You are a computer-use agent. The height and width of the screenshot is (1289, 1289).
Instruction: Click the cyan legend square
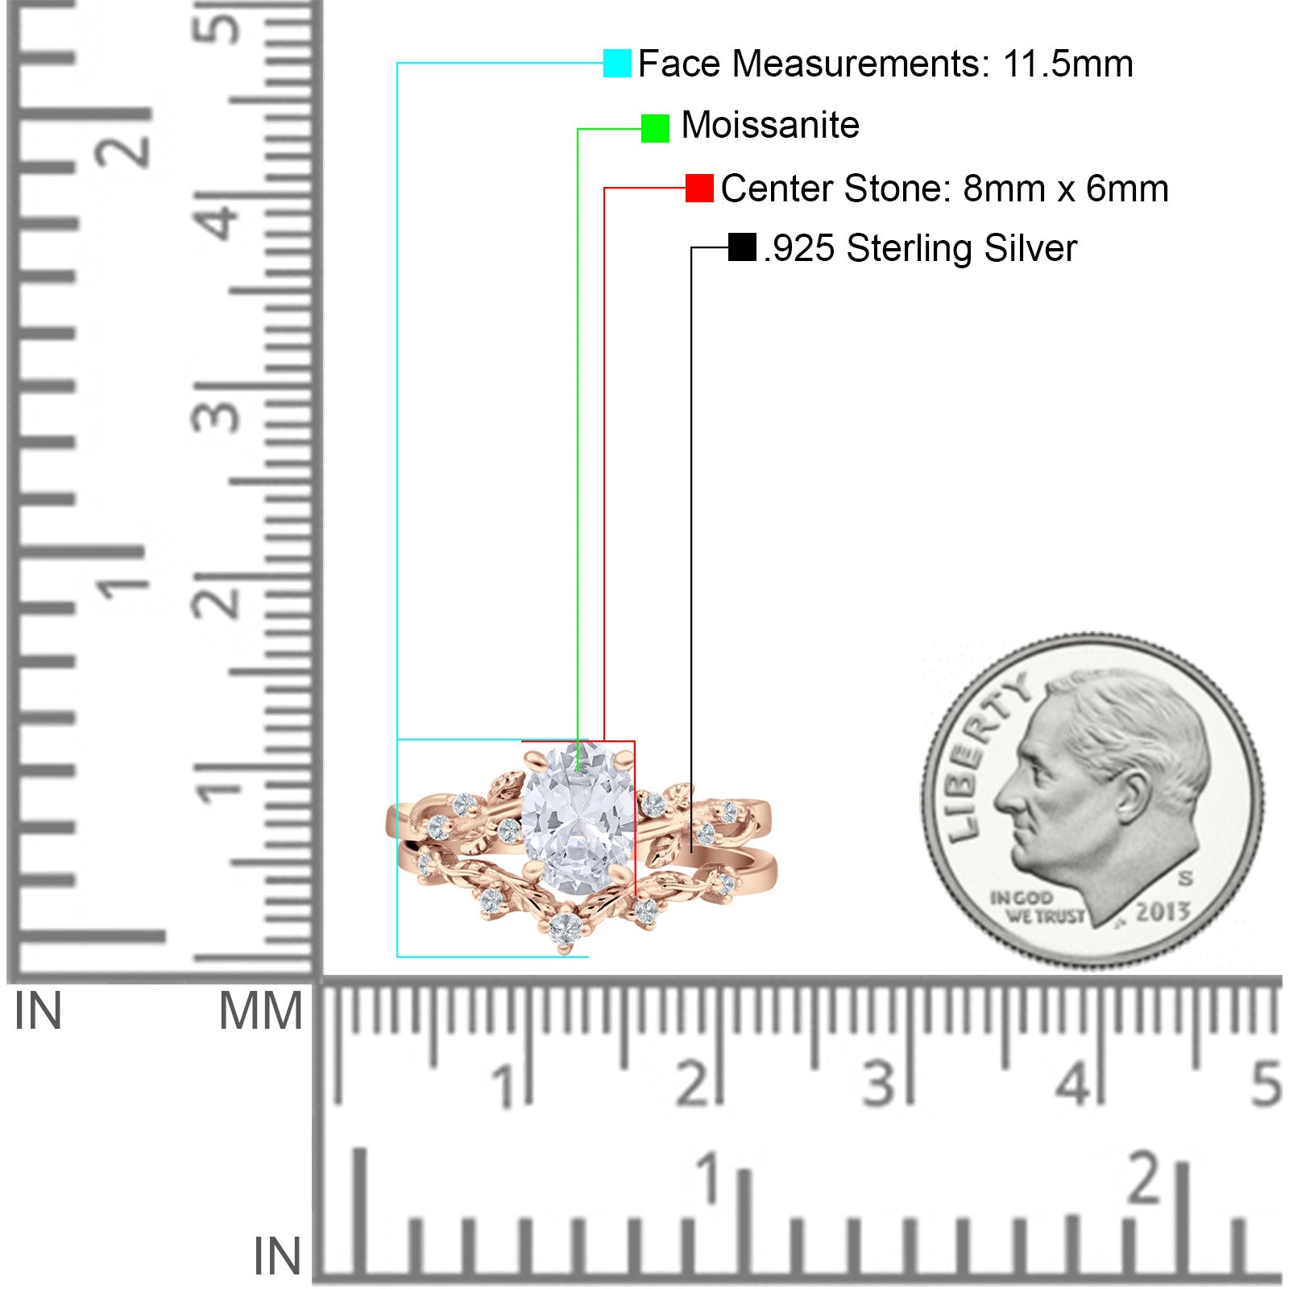click(x=617, y=63)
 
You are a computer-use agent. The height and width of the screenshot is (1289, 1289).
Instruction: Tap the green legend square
click(x=655, y=128)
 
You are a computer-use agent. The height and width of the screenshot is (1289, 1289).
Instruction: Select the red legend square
click(x=699, y=188)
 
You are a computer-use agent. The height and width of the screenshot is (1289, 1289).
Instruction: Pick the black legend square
click(x=742, y=247)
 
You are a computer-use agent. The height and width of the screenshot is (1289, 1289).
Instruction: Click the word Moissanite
click(x=770, y=126)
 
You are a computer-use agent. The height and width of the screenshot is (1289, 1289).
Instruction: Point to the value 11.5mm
click(x=1067, y=64)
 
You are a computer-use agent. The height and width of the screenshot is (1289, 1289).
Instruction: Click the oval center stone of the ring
click(x=578, y=819)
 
